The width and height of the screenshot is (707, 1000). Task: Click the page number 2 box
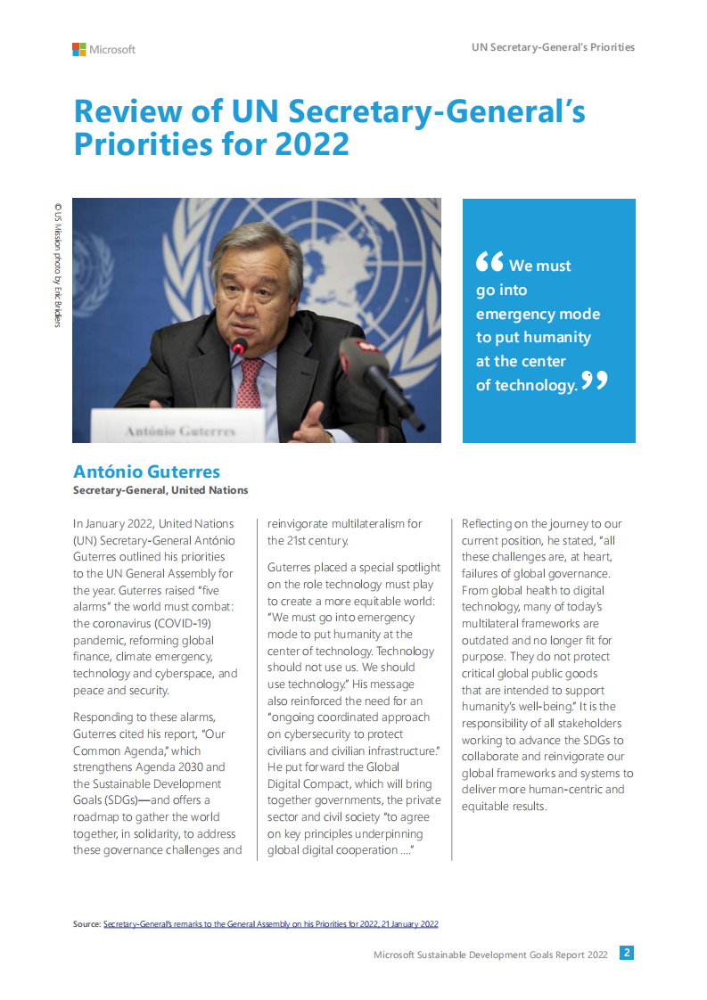pos(627,953)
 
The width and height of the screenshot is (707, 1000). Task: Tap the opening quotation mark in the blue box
pos(489,261)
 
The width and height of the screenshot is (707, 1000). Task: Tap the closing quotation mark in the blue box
pos(595,381)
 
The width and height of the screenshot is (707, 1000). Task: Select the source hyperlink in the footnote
pos(270,924)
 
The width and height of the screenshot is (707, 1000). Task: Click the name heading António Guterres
pos(146,471)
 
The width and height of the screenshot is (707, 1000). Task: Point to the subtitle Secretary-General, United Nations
pos(160,490)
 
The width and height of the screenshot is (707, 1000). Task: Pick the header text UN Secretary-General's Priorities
pos(553,47)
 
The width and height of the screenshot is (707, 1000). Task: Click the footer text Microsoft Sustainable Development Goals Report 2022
pos(490,954)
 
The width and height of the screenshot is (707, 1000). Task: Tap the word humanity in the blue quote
pos(557,338)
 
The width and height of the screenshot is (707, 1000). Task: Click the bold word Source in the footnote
pos(86,924)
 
